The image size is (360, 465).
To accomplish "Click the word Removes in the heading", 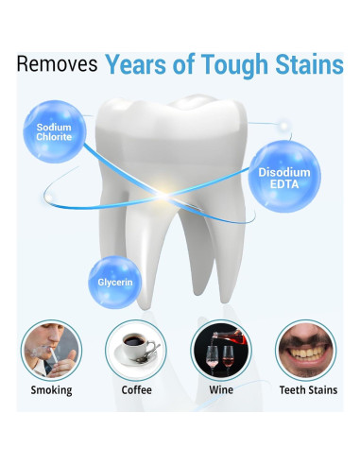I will point(56,65).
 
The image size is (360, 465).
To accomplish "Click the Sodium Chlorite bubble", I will point(55,133).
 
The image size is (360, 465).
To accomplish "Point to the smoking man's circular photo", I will point(53,348).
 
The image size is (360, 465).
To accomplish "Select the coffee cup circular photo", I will point(136,348).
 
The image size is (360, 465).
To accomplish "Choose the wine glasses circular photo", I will point(220,348).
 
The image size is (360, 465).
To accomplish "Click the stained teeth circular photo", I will point(304,348).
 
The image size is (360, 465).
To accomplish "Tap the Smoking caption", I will point(53,389).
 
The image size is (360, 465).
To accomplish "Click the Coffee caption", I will point(136,389).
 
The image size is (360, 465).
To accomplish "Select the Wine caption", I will point(220,389).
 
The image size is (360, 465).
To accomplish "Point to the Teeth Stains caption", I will point(304,389).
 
